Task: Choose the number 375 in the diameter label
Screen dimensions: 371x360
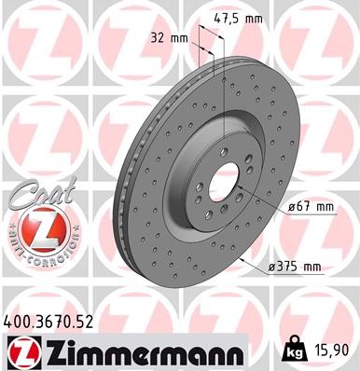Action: [287, 268]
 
